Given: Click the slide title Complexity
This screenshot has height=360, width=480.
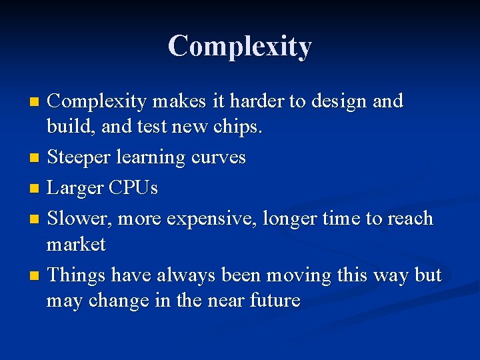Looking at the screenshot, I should [239, 47].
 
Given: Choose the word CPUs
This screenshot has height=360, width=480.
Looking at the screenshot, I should [134, 188].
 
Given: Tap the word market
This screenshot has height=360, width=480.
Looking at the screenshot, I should [76, 245].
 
